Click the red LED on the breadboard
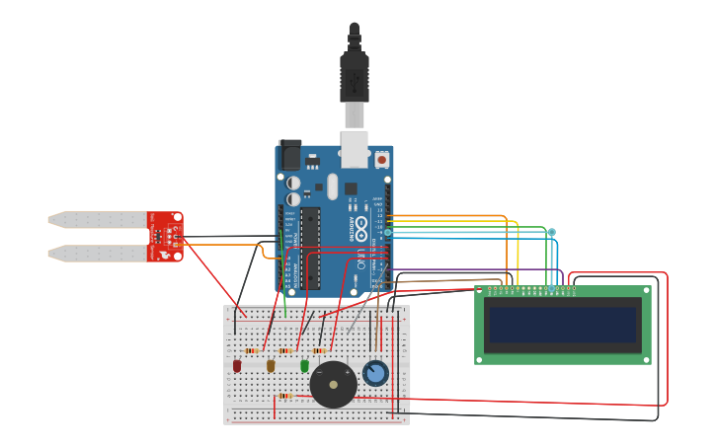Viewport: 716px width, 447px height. click(237, 366)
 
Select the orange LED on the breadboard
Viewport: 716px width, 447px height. click(271, 366)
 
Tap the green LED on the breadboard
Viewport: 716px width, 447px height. click(304, 366)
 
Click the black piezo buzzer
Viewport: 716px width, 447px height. click(333, 384)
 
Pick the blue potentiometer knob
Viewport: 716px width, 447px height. click(374, 373)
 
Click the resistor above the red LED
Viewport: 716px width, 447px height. click(252, 350)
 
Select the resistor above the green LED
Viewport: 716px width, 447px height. click(319, 350)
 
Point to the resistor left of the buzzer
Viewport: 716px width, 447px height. click(285, 396)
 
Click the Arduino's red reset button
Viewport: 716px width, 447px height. click(382, 158)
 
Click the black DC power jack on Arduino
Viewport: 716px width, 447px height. click(289, 155)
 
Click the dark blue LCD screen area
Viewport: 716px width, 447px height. click(563, 325)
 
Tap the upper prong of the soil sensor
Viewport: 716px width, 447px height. click(99, 219)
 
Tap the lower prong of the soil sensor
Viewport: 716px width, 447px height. click(99, 254)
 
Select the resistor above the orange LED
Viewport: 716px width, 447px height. click(285, 350)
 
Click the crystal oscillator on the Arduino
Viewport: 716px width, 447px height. click(332, 186)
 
